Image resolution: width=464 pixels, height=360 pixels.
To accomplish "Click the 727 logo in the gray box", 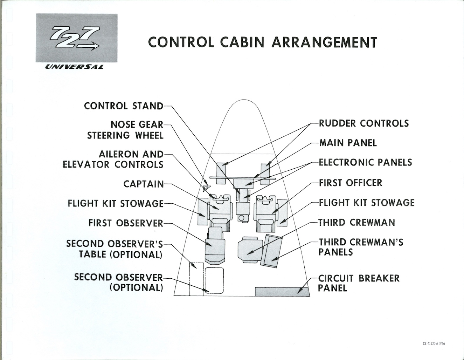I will pyautogui.click(x=76, y=38).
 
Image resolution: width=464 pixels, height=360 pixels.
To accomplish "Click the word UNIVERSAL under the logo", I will pyautogui.click(x=74, y=67).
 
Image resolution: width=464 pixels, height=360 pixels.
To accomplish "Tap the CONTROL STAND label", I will pyautogui.click(x=123, y=106).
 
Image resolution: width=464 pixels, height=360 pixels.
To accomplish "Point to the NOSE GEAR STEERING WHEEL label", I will pyautogui.click(x=125, y=130).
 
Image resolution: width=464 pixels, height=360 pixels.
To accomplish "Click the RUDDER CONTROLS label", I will pyautogui.click(x=363, y=123).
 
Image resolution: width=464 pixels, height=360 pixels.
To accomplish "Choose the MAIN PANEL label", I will pyautogui.click(x=348, y=143).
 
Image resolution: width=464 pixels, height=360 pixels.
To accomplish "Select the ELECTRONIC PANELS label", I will pyautogui.click(x=365, y=162).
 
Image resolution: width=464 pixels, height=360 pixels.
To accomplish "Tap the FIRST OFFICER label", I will pyautogui.click(x=350, y=183).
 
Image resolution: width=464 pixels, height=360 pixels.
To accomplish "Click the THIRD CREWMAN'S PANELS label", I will pyautogui.click(x=361, y=247).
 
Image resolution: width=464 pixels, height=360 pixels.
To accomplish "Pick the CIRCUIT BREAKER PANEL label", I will pyautogui.click(x=359, y=283).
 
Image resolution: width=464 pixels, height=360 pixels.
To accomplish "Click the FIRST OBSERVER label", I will pyautogui.click(x=126, y=223).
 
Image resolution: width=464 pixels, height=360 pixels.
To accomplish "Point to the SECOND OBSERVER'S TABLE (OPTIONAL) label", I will pyautogui.click(x=115, y=249).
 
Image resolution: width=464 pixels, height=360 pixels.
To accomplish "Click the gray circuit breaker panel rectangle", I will pyautogui.click(x=282, y=291).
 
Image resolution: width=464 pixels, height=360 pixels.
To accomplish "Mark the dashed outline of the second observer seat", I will pyautogui.click(x=214, y=280).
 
